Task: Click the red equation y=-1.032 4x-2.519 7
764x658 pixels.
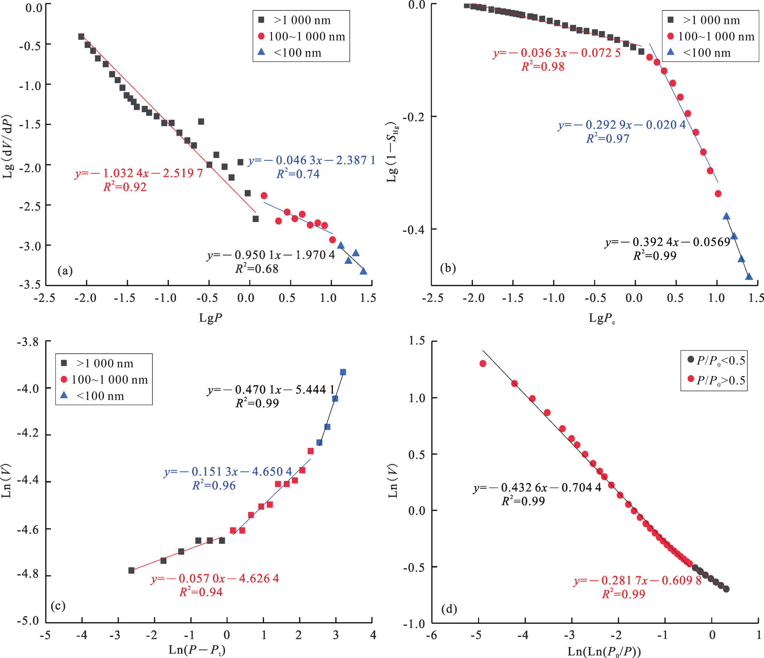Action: [139, 173]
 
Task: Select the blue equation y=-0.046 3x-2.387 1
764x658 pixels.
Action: [312, 160]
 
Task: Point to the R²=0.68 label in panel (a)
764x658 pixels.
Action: [257, 269]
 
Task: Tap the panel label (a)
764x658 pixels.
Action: [65, 271]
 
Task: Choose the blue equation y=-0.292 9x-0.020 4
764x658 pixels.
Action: [622, 125]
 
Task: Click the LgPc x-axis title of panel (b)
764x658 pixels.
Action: [602, 318]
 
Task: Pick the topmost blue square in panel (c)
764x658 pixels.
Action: [343, 372]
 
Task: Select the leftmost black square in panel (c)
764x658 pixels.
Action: [131, 570]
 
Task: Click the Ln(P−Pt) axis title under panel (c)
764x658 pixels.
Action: [197, 650]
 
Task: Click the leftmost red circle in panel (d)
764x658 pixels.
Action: [483, 363]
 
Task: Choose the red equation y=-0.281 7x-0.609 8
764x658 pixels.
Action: [637, 580]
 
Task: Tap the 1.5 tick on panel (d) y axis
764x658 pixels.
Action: [416, 341]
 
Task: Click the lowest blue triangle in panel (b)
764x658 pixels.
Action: [749, 276]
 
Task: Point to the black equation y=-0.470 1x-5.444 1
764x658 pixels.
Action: [271, 389]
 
